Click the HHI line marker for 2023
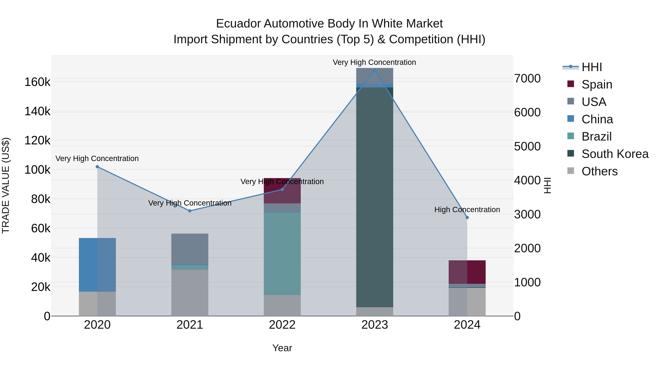(x=375, y=70)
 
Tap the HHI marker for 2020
(x=97, y=167)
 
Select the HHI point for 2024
(x=467, y=217)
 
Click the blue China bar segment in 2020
(x=97, y=265)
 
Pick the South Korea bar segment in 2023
(x=375, y=197)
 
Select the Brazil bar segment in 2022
(x=282, y=254)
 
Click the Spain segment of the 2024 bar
(x=467, y=272)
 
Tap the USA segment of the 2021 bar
(x=190, y=249)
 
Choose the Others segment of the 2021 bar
(x=190, y=293)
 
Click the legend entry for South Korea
(x=615, y=154)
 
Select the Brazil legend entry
(x=596, y=136)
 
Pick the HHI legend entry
(x=591, y=67)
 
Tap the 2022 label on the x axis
(x=282, y=325)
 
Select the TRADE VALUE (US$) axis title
(x=6, y=185)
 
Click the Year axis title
(x=282, y=348)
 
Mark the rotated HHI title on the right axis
(x=547, y=185)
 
